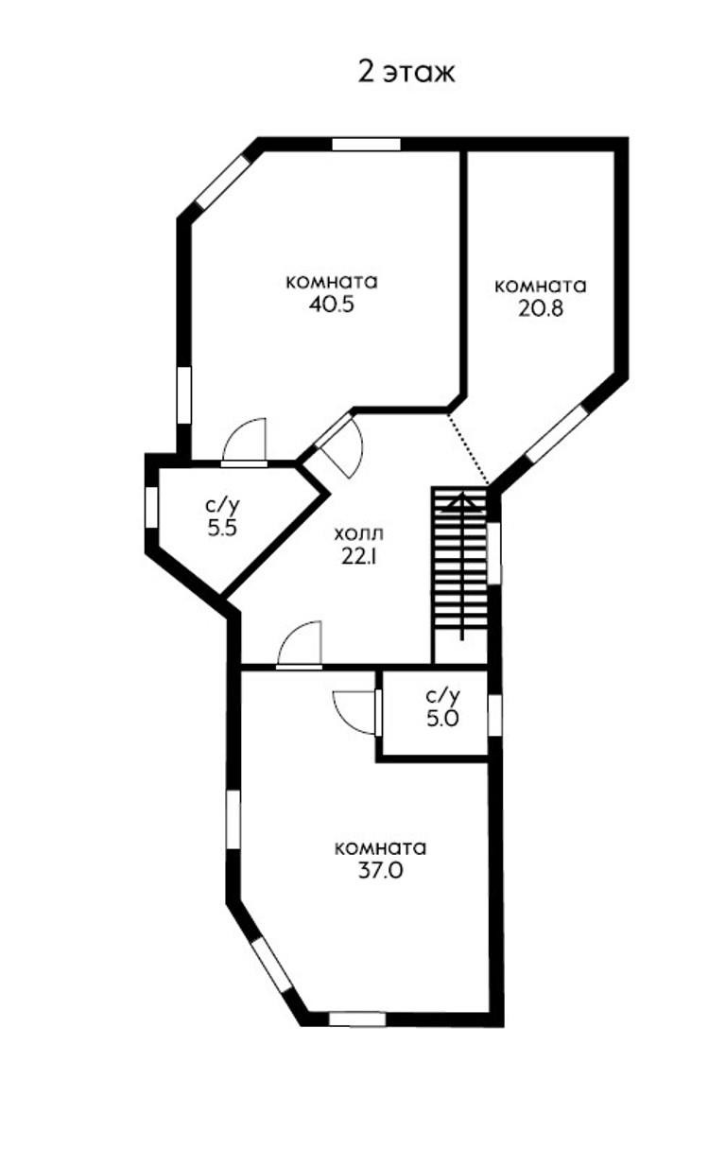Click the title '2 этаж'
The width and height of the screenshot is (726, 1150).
pos(406,72)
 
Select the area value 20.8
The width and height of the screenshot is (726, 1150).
pos(541,308)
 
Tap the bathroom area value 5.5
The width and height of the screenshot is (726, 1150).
pos(221,529)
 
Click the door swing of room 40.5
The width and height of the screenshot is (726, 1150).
pos(246,443)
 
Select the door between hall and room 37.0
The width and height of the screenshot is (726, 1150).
pos(301,646)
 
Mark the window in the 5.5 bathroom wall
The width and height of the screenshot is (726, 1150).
pos(151,506)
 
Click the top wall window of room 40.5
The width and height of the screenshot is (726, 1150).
pos(366,145)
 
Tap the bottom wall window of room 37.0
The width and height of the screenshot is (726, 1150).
pos(356,1019)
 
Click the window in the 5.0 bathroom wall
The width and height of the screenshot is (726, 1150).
pos(494,713)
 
